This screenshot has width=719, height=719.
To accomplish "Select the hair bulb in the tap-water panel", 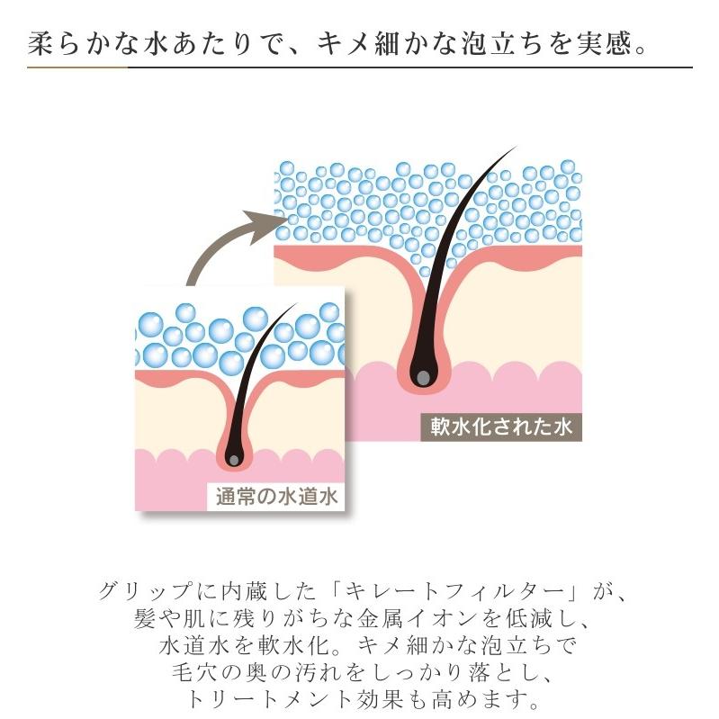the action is (x=234, y=459).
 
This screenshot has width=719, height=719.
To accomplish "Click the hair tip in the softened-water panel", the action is (x=514, y=148).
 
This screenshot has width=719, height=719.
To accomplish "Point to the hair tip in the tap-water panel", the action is (x=295, y=306).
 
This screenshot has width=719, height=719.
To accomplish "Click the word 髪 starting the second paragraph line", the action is (x=142, y=621).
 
